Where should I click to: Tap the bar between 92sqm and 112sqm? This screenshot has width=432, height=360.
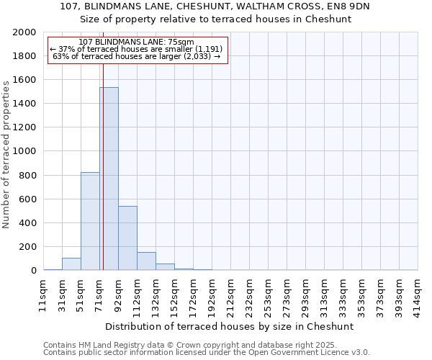click(127, 238)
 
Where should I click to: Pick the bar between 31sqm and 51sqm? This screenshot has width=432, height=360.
click(71, 264)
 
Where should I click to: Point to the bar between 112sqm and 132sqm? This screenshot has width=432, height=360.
click(146, 261)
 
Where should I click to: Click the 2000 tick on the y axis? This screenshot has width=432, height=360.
click(24, 32)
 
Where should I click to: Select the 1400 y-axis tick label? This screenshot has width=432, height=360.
click(24, 104)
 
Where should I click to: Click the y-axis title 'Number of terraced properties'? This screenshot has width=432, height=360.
click(6, 155)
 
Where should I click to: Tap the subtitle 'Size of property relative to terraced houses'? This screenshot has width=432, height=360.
click(215, 19)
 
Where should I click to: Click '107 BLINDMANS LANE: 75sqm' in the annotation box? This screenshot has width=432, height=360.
click(136, 42)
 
